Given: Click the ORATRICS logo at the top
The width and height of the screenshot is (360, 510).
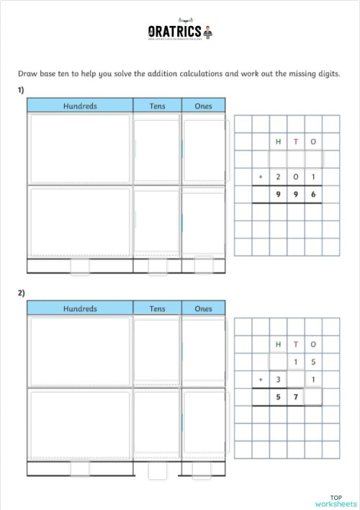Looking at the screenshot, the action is point(179,32).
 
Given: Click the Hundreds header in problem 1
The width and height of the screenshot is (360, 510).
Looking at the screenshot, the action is point(80,107).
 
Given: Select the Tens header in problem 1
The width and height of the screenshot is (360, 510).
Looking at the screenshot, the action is point(157,107).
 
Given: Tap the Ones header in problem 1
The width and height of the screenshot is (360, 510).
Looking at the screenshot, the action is point(203,107).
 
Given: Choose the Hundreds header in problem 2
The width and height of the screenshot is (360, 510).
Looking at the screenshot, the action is point(80,309).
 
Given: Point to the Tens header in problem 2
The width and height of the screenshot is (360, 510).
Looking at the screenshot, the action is point(157,309).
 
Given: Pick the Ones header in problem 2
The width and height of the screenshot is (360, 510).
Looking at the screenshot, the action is point(203,309).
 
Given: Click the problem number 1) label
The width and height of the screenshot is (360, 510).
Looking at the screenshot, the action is point(22,90).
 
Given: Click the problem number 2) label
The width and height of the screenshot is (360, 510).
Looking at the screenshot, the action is point(22,292).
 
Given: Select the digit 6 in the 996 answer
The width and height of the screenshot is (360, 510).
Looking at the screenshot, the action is point(313,194).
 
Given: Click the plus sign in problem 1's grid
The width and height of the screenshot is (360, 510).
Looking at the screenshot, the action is point(261,177).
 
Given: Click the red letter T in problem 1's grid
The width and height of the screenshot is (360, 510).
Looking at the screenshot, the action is point(296,142).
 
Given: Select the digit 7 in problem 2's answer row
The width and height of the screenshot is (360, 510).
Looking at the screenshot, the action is point(296,397).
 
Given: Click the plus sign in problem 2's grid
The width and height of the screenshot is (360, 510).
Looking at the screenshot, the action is point(261,380).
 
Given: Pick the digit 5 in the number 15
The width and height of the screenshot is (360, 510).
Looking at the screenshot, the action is point(313,362).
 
